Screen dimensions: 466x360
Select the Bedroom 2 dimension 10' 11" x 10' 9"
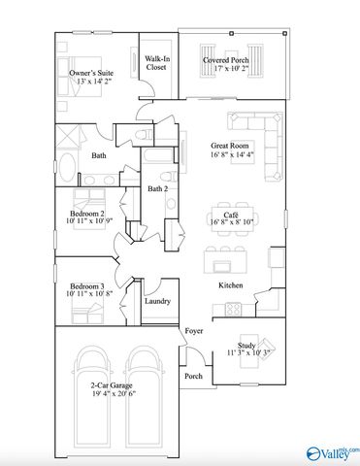(x=90, y=221)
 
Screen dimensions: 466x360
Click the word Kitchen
(x=230, y=285)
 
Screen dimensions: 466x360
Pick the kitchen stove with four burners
(x=233, y=309)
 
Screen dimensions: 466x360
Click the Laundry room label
(x=157, y=302)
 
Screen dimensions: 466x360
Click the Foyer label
(x=193, y=333)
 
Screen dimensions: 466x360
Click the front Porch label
(x=194, y=377)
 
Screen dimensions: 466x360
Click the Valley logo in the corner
(x=330, y=451)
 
